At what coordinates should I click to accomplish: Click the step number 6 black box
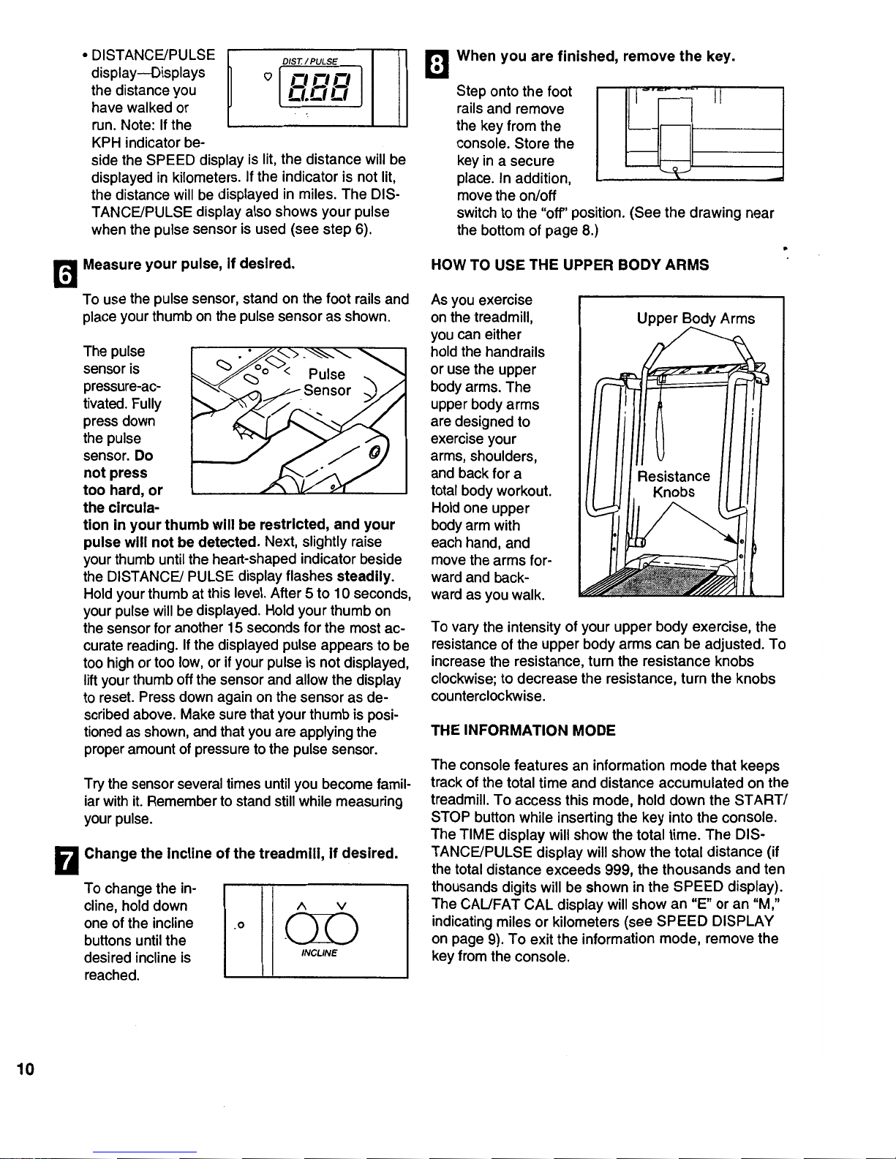tap(66, 274)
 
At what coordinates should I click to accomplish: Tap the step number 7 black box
tap(66, 861)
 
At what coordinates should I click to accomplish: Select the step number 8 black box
tap(437, 64)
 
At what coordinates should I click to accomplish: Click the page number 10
tap(26, 1069)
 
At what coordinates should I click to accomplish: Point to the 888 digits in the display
tap(320, 87)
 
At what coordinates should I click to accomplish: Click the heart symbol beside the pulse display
tap(268, 76)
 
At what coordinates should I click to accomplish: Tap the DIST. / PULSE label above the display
tap(310, 61)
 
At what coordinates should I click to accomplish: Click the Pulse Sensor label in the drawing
tap(327, 382)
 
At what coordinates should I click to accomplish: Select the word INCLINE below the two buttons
tap(319, 953)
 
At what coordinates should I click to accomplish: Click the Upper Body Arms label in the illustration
tap(696, 319)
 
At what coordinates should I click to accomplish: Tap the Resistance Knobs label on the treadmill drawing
tap(674, 484)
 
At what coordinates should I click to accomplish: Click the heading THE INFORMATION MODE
tap(523, 730)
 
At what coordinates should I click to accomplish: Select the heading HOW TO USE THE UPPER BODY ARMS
tap(570, 265)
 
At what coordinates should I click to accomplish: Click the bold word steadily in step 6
tap(365, 576)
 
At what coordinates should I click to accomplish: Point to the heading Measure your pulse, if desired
tap(189, 264)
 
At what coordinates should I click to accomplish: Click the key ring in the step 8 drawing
tap(674, 170)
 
